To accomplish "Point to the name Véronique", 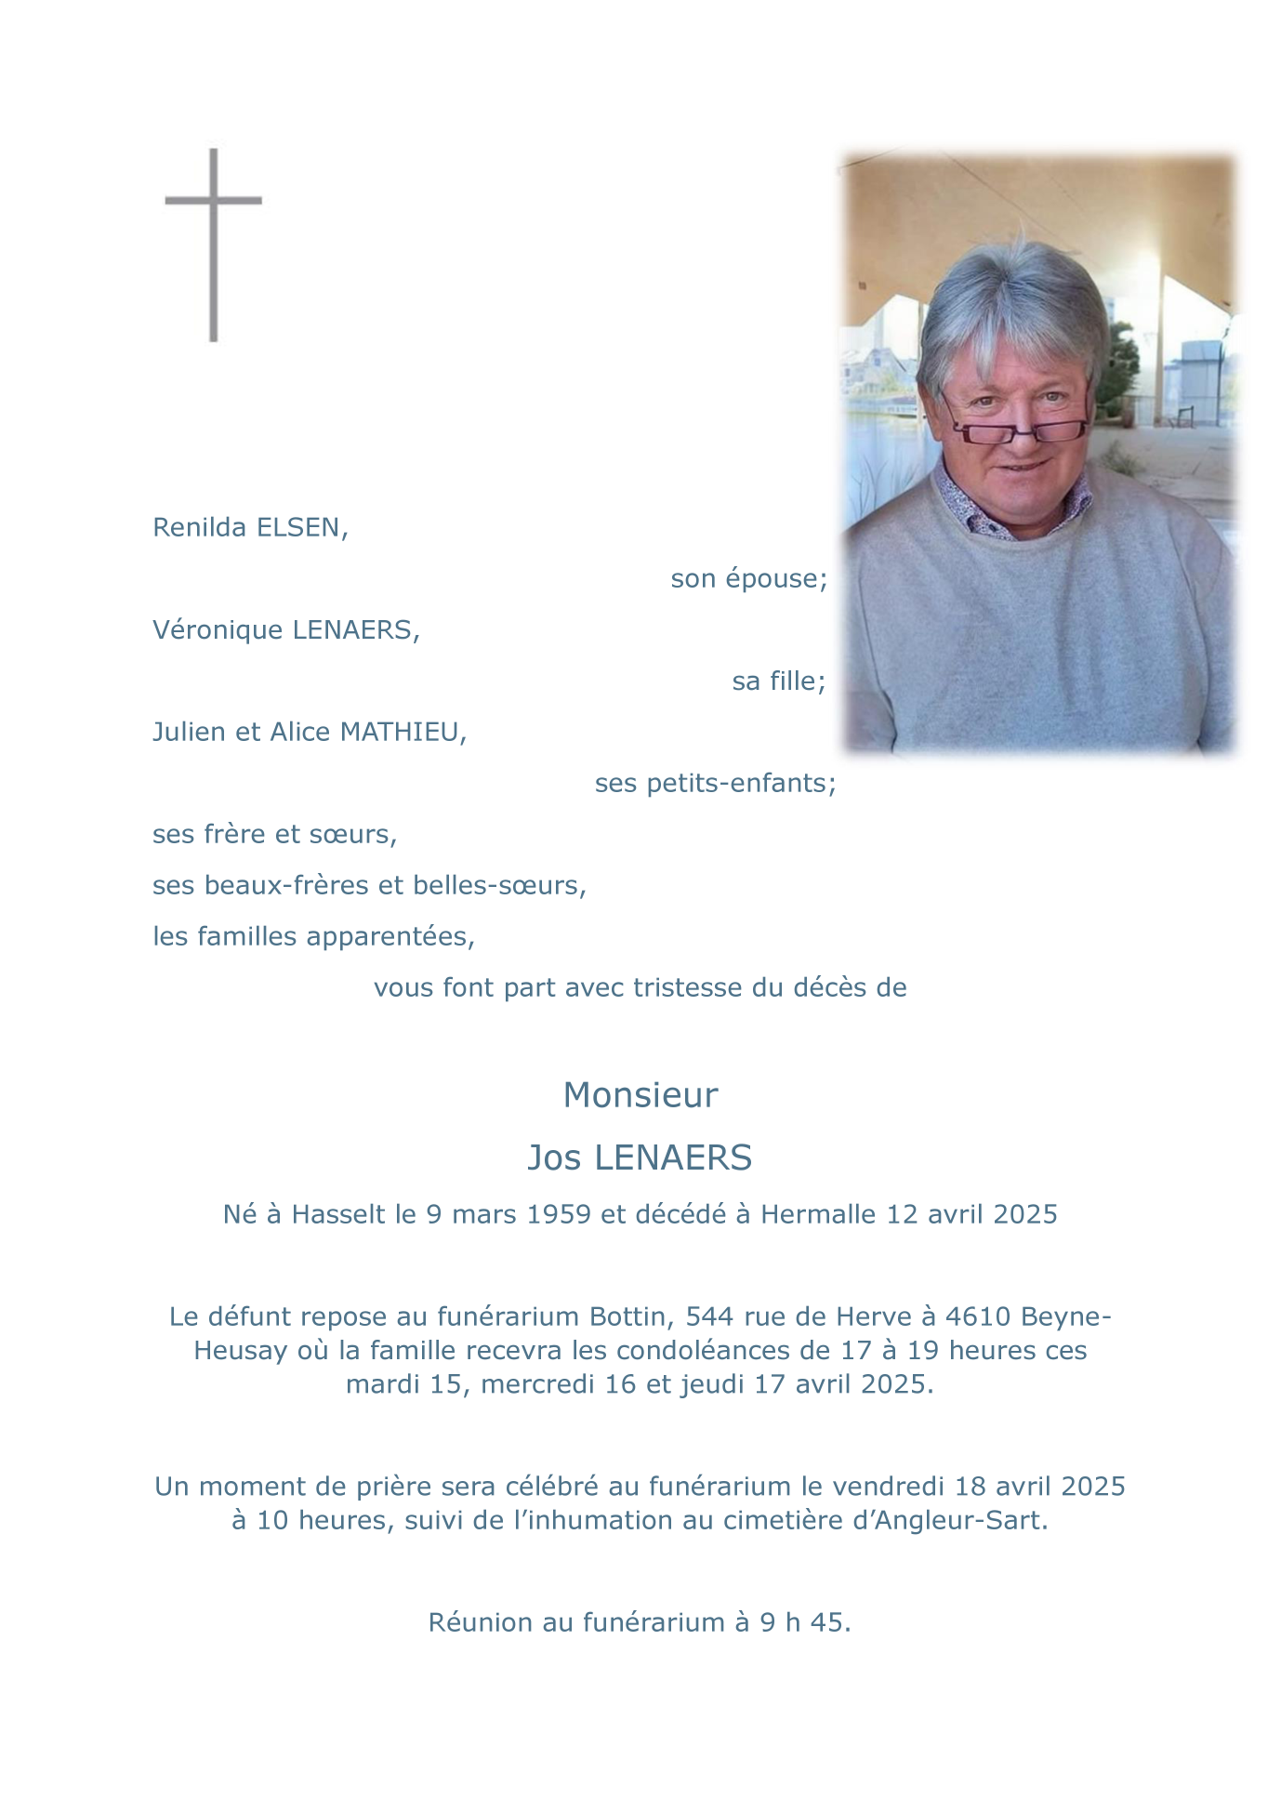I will tap(218, 630).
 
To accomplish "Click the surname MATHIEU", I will tap(403, 733).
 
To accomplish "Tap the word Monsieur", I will tap(640, 1096).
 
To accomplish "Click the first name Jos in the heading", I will tap(554, 1158).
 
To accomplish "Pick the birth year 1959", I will tap(559, 1215).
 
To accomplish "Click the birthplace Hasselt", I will tap(338, 1215).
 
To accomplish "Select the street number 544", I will tap(708, 1317).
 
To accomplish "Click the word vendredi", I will tap(889, 1487).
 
